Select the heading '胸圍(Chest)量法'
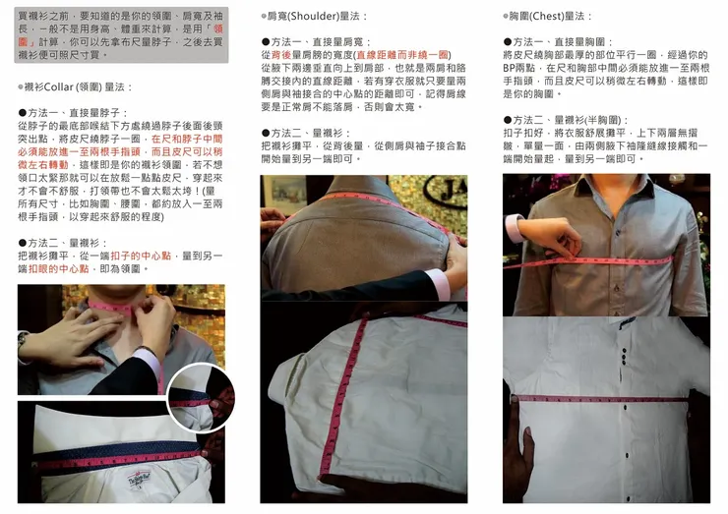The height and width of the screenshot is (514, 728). click(550, 17)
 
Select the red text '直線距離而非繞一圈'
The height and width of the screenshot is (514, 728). click(402, 54)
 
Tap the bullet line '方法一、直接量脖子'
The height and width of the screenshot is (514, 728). click(69, 113)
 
